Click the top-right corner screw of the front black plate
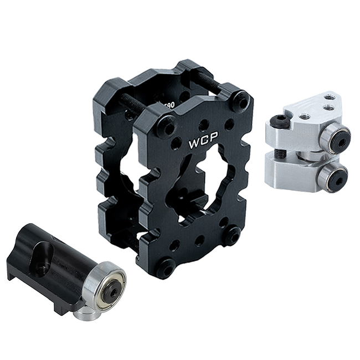tap(240, 101)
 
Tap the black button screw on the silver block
tap(281, 122)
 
